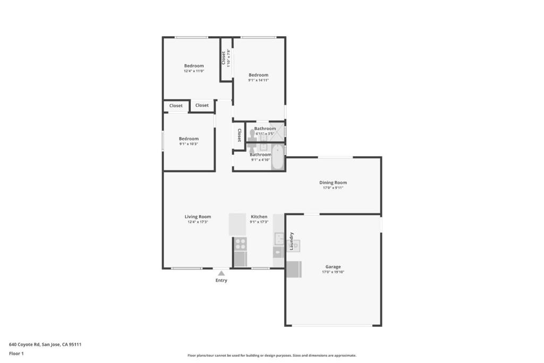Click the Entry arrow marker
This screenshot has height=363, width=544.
[221, 273]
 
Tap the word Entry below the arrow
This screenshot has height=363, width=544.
[221, 281]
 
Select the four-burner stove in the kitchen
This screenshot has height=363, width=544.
[240, 244]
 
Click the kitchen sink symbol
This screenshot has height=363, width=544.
[278, 238]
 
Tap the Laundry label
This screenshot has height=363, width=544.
[291, 241]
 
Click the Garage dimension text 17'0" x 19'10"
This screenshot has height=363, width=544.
[333, 272]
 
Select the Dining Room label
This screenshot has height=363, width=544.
[333, 182]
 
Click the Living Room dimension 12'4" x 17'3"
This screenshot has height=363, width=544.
[198, 222]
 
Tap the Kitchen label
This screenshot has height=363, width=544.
[259, 216]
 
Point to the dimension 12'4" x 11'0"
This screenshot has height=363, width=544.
[194, 71]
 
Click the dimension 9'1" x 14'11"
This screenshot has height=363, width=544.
[258, 80]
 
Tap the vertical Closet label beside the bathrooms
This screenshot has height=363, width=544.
[240, 135]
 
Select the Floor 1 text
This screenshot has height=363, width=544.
[16, 353]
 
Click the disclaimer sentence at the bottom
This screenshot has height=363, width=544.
[271, 356]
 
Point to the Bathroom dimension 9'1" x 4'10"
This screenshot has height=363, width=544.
[260, 160]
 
